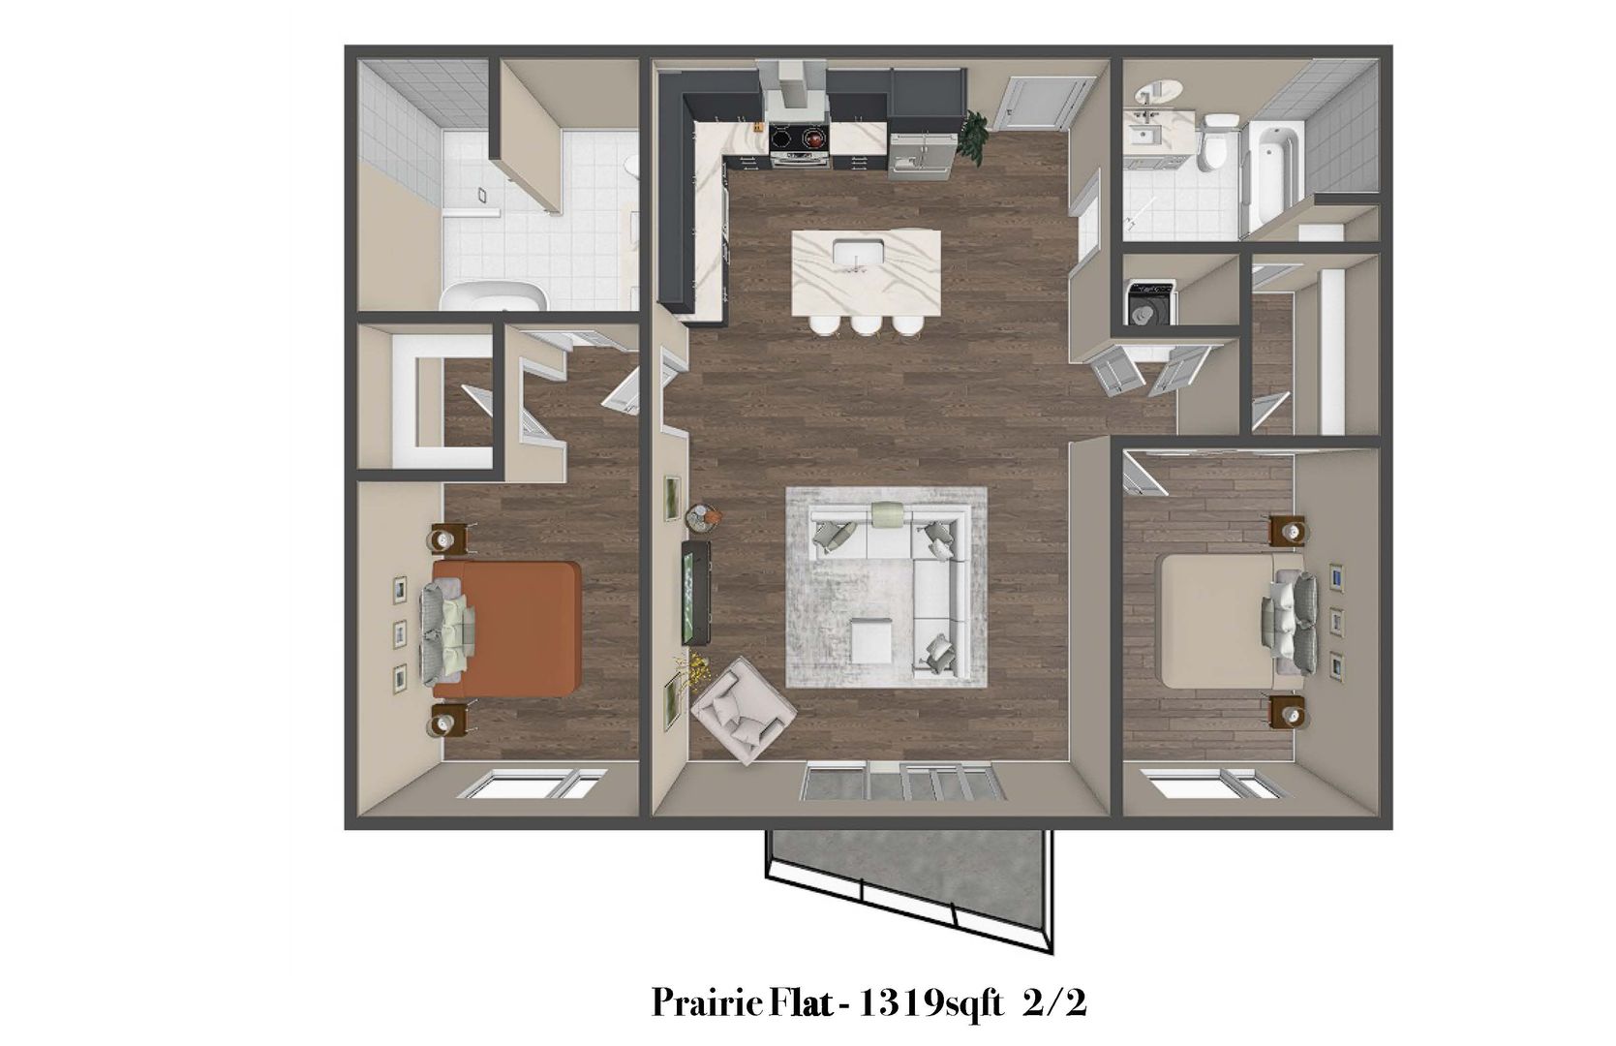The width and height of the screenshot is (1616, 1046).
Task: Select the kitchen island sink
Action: (857, 254)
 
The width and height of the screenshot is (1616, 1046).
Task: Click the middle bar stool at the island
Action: (865, 325)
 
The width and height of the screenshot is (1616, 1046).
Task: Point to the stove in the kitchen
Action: (799, 142)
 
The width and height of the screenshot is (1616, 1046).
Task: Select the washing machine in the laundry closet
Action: (1150, 302)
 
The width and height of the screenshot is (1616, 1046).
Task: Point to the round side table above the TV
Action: (704, 518)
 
